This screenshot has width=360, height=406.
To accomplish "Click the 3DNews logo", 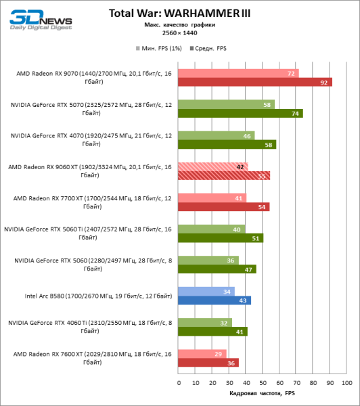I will (x=37, y=19).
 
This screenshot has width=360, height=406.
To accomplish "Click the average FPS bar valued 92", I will (x=255, y=83).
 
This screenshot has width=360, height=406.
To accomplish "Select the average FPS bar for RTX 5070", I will (x=240, y=114).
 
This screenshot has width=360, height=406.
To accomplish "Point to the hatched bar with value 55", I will (x=224, y=175).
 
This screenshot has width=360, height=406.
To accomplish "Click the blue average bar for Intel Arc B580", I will (x=215, y=300).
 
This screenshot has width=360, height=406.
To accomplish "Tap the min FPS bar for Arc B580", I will (x=206, y=291).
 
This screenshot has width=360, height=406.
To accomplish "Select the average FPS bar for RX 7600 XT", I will (x=208, y=362).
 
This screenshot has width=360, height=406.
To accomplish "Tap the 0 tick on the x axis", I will (x=179, y=382).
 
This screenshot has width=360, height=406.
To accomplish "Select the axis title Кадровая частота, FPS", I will (x=263, y=394).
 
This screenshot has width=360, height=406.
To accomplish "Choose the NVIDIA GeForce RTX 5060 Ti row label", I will (x=88, y=233).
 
